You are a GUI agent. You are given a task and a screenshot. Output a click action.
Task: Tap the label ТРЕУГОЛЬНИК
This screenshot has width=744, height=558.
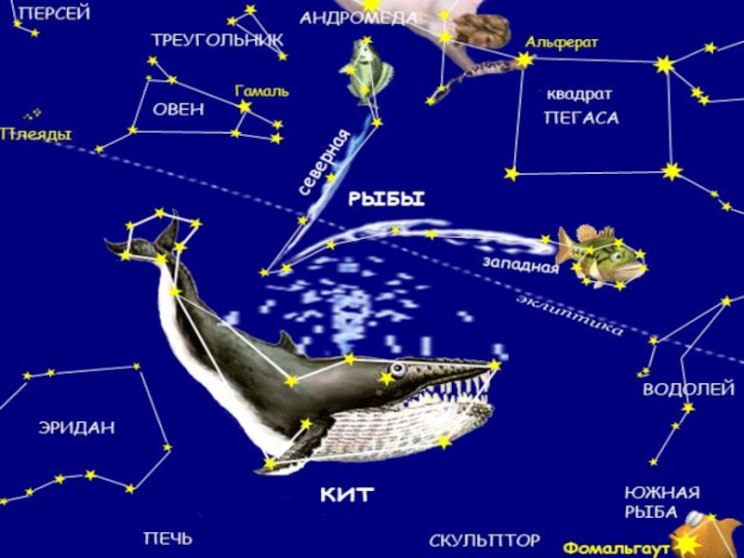(x=218, y=40)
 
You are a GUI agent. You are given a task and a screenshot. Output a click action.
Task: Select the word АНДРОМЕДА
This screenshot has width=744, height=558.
(x=358, y=18)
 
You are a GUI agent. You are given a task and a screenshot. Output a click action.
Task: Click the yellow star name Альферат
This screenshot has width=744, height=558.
(x=562, y=43)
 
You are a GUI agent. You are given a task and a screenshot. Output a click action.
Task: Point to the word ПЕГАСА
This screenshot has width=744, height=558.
(x=581, y=118)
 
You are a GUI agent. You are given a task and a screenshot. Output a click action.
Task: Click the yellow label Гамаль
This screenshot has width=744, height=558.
(x=261, y=91)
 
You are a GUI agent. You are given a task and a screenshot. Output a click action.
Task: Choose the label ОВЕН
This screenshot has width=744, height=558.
(x=179, y=109)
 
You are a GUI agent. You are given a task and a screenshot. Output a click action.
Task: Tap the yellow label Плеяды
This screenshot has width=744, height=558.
(x=35, y=135)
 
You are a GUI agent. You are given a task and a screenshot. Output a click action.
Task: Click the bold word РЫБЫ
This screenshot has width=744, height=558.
(x=386, y=198)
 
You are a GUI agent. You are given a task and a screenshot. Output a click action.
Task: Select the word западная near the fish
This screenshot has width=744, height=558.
(x=520, y=265)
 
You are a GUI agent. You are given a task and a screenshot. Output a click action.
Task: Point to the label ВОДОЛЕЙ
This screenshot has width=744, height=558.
(x=688, y=390)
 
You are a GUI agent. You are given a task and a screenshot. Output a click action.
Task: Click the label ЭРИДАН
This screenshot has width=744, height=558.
(x=76, y=428)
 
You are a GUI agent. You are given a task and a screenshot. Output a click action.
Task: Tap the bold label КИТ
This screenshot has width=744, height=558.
(x=346, y=494)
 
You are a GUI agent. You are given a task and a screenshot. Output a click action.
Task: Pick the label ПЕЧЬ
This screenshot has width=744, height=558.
(x=167, y=538)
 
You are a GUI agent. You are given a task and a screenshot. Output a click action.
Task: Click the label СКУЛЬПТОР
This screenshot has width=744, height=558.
(x=485, y=540)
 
